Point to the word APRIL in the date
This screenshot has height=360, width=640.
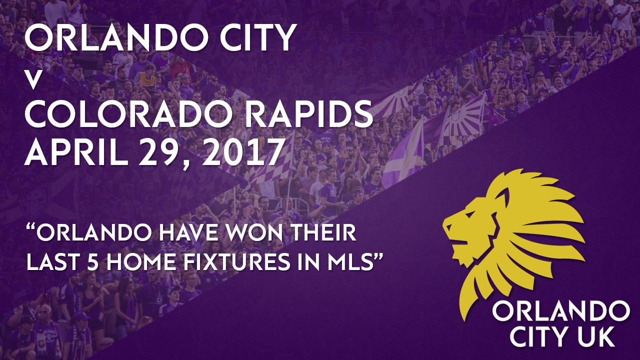click(76, 151)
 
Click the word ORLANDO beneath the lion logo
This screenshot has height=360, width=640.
click(561, 312)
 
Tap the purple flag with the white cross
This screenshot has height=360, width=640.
click(404, 160)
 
